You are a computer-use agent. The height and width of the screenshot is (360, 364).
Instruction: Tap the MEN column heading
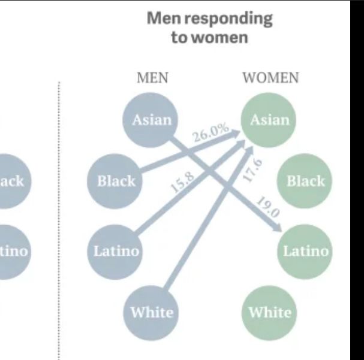152,78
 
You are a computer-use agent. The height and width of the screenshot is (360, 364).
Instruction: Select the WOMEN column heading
270,78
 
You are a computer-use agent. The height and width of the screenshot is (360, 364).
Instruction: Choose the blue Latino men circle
116,250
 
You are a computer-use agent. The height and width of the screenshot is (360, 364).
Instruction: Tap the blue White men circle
151,311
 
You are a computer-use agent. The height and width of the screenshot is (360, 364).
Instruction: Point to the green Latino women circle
305,250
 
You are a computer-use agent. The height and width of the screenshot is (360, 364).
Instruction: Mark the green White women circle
269,311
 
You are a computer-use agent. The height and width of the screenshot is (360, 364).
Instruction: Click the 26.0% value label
210,132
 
